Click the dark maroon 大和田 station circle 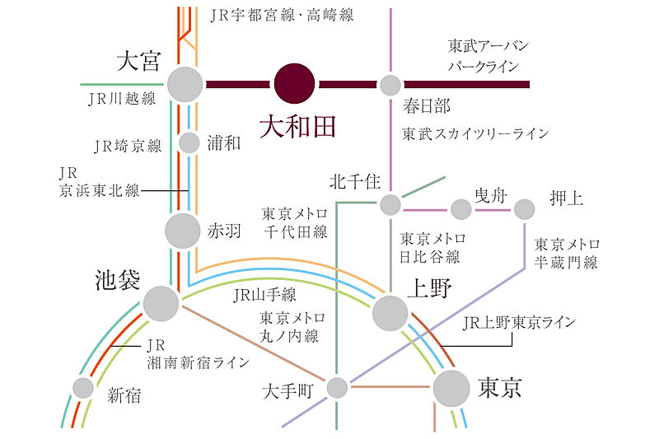pos(294,84)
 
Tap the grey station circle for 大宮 pos(185,84)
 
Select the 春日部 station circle pos(390,85)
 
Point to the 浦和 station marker pos(189,143)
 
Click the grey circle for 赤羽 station pos(184,231)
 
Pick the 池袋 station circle pos(161,303)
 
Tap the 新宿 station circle pos(83,387)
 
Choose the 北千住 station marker pos(390,204)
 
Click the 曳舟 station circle pos(461,209)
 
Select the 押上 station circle pos(524,209)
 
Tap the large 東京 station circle pos(451,387)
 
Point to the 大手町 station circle pos(337,387)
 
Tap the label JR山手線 pos(264,294)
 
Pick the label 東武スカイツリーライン pos(475,133)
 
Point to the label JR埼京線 pos(128,147)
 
